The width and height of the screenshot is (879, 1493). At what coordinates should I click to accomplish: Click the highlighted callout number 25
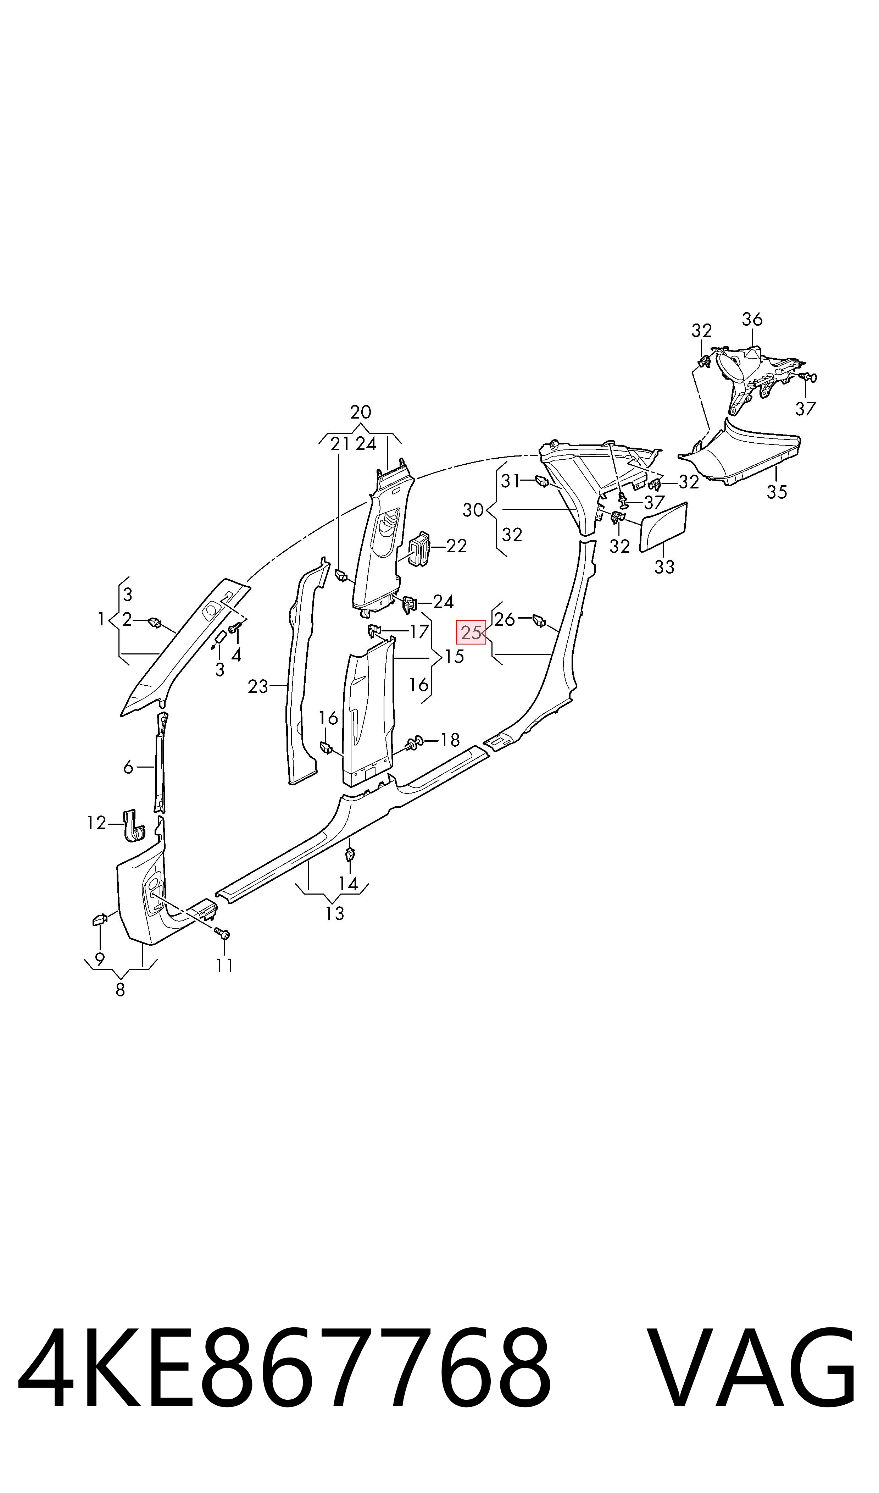pos(471,633)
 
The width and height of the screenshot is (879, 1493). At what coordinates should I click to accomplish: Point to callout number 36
pos(752,319)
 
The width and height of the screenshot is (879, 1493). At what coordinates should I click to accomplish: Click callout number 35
pos(777,492)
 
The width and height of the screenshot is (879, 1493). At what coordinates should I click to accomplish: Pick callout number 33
pos(664,567)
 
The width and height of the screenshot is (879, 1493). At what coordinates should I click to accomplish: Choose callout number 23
pos(258,687)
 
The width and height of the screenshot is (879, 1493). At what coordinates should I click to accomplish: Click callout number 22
pos(456,546)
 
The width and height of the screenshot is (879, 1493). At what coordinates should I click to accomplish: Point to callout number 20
pos(361,412)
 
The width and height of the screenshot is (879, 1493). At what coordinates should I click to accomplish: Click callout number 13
pos(335,914)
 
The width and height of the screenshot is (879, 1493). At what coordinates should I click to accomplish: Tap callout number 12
pos(96,823)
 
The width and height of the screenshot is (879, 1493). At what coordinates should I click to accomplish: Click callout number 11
pos(224,966)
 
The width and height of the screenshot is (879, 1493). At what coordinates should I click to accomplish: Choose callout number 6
pos(128,767)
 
